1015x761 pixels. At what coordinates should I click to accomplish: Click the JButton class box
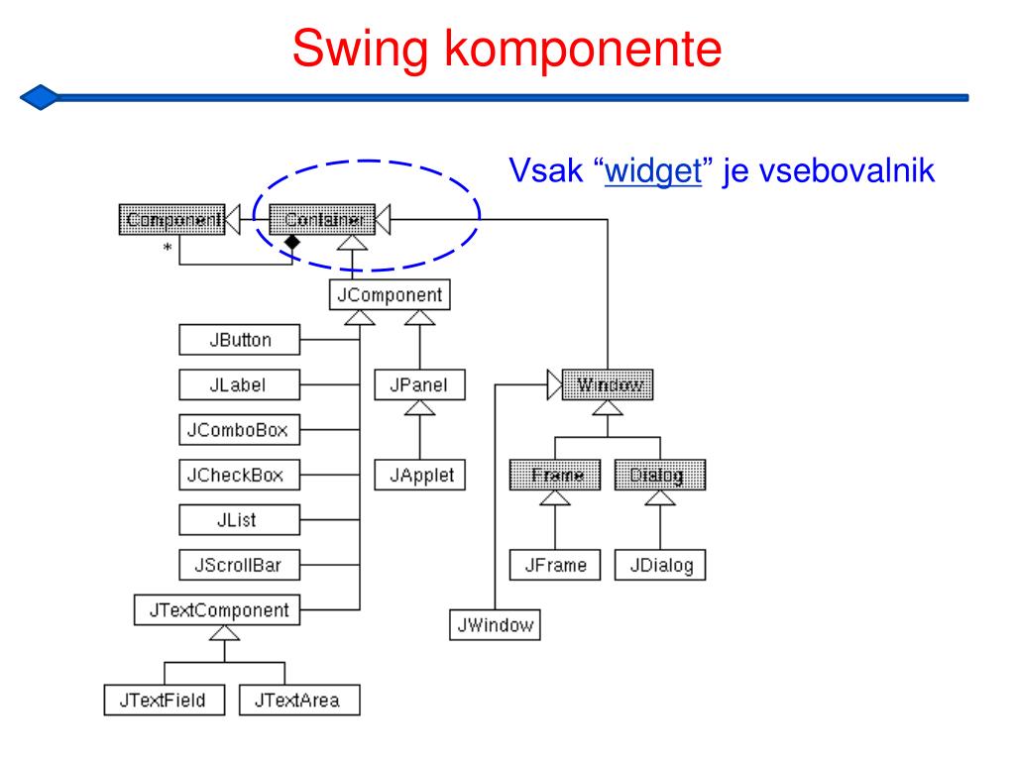pos(239,340)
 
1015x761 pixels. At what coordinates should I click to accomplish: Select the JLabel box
pos(239,384)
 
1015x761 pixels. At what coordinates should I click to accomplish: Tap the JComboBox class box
pos(239,430)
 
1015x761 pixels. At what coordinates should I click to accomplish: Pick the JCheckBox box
pos(239,475)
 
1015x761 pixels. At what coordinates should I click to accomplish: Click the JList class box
pos(239,519)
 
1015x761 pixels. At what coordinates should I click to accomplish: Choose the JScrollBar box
pos(239,565)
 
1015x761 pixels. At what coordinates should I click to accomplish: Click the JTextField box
pos(165,700)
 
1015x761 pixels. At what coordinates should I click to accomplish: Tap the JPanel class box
pos(420,384)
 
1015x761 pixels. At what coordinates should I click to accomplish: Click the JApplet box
pos(420,475)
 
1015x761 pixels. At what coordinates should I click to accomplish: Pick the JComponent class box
pos(391,294)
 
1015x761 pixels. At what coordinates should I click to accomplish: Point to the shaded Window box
pos(608,384)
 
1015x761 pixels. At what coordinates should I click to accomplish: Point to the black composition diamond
pos(291,241)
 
